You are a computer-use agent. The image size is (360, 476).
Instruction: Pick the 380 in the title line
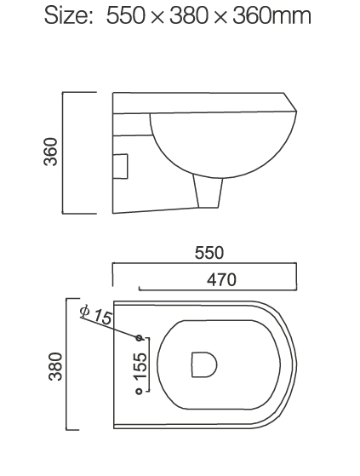[196, 18]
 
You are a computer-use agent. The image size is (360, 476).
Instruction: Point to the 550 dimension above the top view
[209, 253]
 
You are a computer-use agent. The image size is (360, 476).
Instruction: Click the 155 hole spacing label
[140, 364]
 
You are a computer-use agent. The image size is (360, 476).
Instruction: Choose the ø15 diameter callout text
[95, 315]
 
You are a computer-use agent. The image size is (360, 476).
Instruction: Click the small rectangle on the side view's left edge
[120, 164]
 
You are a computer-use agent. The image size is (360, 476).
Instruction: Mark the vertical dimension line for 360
[66, 152]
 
